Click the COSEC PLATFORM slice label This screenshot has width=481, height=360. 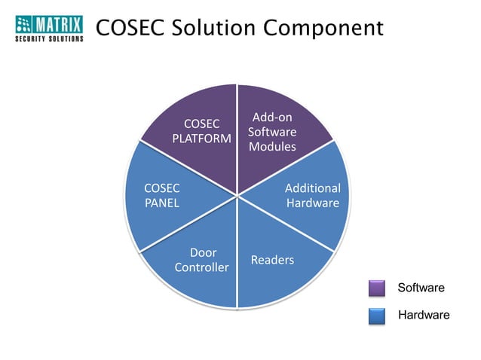[201, 130]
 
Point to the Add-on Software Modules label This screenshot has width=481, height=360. [272, 132]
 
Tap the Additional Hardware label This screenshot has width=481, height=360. [313, 195]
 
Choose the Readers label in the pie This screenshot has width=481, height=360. [272, 260]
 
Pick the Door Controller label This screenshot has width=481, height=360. [202, 260]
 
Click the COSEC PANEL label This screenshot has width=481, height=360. [162, 195]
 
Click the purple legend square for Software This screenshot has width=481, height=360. [377, 288]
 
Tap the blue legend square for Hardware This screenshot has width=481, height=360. [377, 316]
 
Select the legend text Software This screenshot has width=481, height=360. [421, 288]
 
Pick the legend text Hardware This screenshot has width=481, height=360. [423, 315]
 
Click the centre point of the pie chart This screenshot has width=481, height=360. [237, 196]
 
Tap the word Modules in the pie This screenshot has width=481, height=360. [272, 146]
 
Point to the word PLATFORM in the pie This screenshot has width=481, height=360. [201, 138]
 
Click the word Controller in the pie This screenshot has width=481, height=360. [202, 267]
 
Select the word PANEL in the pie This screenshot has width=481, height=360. [162, 203]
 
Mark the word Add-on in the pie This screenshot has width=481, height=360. [272, 117]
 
